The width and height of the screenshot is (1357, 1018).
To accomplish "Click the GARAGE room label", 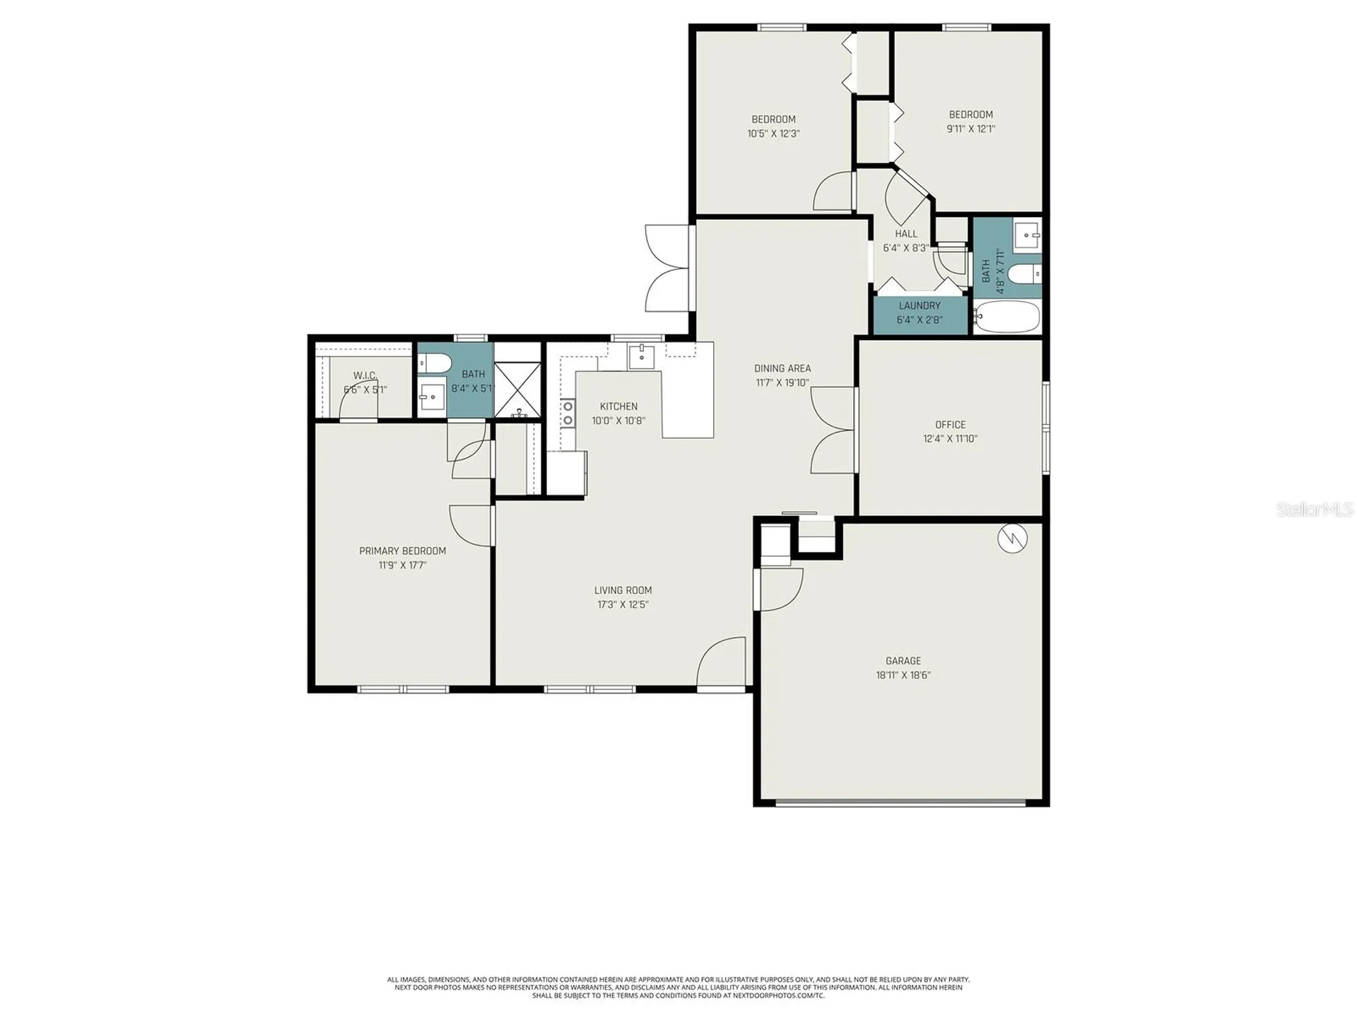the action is pos(903,661).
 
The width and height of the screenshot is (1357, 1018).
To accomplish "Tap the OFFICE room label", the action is pos(951,425).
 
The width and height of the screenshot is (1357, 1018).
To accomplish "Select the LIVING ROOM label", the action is pos(623,590).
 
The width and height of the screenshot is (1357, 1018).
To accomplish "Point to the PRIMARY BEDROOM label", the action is pos(403,551).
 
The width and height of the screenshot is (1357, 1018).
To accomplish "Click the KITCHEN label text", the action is pos(618,406).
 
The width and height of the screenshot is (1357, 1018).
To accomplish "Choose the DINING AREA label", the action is pos(782,368).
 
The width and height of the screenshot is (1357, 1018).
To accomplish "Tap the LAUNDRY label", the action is pos(920,306).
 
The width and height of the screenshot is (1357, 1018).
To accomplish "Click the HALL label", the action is pos(906,234).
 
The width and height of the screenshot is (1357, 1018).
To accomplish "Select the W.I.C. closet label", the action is pos(365,376).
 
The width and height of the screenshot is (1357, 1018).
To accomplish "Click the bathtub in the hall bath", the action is pos(1006,317).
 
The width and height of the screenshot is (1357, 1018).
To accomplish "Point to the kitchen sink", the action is pos(642,357).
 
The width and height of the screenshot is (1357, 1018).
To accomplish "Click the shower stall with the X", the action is pos(517,389).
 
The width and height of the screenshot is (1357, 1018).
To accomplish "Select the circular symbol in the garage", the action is pos(1012,539).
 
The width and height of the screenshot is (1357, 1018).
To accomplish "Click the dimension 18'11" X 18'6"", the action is pos(903,675).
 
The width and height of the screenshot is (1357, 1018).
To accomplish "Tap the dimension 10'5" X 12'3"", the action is pos(773,134).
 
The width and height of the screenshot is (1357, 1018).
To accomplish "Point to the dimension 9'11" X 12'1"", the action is pos(971,129).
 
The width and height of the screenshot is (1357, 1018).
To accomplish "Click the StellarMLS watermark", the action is pos(1315,509).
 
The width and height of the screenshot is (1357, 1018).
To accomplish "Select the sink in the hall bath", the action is pos(1027,234).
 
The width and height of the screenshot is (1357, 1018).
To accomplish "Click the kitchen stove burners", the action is pos(567,414).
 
